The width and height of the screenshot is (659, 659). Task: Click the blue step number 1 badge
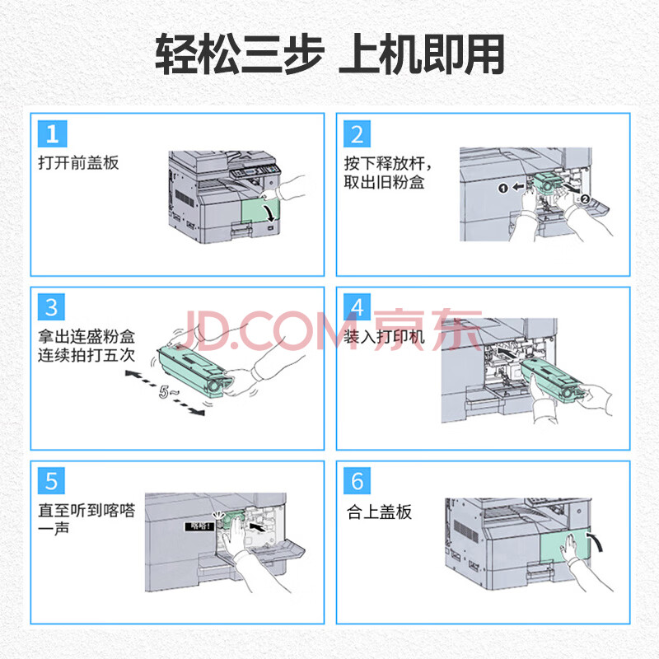coord(52,133)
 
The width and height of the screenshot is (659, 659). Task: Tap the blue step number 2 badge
coord(358,133)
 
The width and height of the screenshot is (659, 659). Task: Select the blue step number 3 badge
coord(51,307)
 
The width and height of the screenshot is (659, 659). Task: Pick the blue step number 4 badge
coord(358,307)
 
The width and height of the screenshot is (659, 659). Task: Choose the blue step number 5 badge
coord(51,481)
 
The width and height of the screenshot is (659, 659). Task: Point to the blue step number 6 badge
coord(358,481)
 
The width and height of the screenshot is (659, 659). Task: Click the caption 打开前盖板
coord(78,162)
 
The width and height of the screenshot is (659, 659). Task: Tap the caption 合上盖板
coord(379,512)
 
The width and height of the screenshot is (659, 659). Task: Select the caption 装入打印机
coord(384,337)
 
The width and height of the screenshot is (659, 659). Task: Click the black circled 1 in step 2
coord(502,188)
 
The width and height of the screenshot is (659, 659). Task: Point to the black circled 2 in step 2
coord(586,199)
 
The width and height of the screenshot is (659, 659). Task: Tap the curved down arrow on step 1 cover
coord(270,213)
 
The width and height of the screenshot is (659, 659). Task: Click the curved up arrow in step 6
coord(596,542)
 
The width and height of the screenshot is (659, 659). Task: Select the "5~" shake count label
coord(169,392)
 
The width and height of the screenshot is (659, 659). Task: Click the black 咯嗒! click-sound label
coord(199,526)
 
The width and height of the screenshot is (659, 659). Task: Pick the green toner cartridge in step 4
coord(554,378)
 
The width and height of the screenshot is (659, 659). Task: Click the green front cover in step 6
coord(566,545)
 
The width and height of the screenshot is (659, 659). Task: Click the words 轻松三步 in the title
coord(240,54)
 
